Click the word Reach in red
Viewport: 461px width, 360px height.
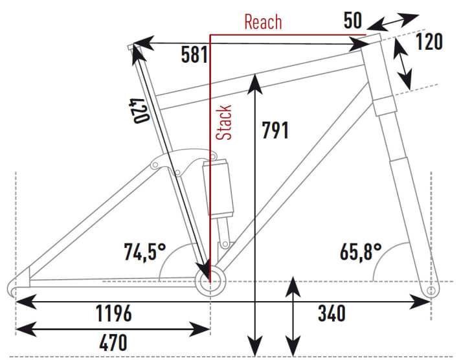(263, 22)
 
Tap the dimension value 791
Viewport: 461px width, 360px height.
(275, 129)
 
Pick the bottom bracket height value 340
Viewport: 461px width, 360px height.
(331, 315)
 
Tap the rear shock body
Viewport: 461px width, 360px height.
(218, 188)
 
